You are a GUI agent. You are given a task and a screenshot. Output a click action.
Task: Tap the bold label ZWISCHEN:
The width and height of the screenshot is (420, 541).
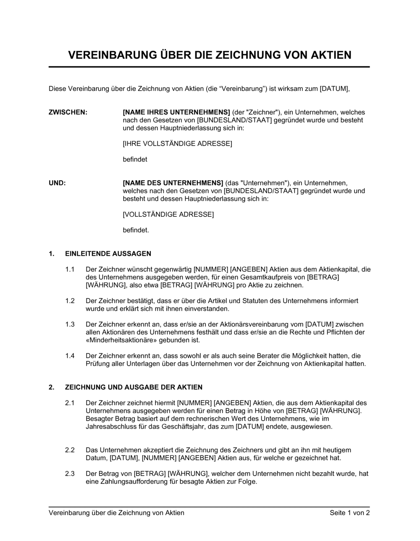[68, 112]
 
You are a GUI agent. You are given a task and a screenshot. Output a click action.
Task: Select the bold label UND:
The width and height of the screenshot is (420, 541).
[57, 183]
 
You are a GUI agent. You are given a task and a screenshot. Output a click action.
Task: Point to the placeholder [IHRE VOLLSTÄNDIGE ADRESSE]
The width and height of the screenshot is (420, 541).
[177, 144]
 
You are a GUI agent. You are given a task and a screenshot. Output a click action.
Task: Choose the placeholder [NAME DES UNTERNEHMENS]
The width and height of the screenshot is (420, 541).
[173, 183]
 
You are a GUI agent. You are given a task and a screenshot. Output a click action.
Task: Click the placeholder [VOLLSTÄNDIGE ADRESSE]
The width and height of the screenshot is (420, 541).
[168, 215]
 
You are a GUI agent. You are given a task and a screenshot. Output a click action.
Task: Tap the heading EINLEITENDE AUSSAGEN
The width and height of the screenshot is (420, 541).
[108, 254]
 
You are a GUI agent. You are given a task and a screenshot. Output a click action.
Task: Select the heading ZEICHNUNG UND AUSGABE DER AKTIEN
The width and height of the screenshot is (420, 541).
[134, 387]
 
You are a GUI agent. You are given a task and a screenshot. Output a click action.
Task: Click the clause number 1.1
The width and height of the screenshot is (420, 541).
[70, 270]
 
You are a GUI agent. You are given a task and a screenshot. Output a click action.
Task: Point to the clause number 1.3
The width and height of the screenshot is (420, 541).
[70, 325]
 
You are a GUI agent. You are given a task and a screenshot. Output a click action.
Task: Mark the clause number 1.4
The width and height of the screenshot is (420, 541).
[70, 356]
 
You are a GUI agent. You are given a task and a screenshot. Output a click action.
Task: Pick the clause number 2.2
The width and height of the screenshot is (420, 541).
[70, 450]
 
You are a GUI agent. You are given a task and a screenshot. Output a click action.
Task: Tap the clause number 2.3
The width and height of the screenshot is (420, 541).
[70, 474]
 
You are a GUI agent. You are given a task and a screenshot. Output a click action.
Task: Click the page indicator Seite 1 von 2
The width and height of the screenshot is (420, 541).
[349, 513]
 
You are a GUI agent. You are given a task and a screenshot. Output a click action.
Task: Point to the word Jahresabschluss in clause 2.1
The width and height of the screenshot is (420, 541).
[111, 427]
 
